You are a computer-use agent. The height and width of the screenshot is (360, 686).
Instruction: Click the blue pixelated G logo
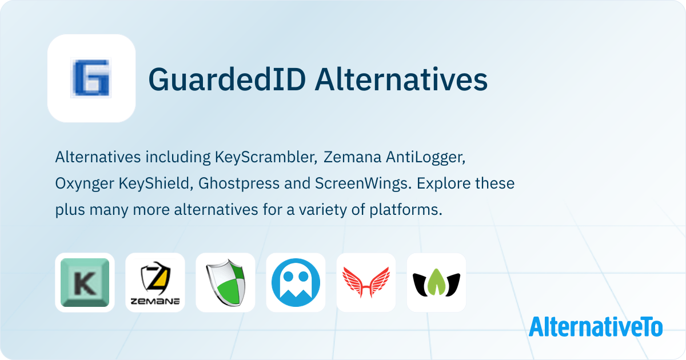(91, 78)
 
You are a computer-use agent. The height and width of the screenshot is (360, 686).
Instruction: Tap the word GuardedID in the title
(228, 79)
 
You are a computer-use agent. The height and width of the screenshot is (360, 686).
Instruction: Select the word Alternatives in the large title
(401, 79)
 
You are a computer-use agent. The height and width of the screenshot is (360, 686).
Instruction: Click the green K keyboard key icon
(85, 282)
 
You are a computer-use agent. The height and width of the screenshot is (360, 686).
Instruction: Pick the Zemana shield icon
(155, 283)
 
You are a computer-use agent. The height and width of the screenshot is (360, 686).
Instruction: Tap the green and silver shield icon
(226, 282)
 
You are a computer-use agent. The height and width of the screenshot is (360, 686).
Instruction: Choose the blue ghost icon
(296, 282)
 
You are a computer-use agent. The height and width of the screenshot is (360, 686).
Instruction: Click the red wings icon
(366, 282)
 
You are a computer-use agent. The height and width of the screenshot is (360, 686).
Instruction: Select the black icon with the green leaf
(436, 282)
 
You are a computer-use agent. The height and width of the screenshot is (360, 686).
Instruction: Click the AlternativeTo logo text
(596, 327)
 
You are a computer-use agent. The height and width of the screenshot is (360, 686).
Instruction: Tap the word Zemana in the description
(352, 157)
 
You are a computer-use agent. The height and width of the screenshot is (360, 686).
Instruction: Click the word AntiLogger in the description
(426, 158)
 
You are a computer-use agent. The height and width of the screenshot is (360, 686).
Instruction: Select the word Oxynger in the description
(85, 184)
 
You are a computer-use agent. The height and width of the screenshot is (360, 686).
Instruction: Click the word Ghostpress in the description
(239, 184)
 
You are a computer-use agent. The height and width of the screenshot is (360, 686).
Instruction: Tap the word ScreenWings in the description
(363, 184)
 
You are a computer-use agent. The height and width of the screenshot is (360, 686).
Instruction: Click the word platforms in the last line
(406, 210)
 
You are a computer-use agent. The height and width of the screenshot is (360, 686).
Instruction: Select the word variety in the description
(323, 210)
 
